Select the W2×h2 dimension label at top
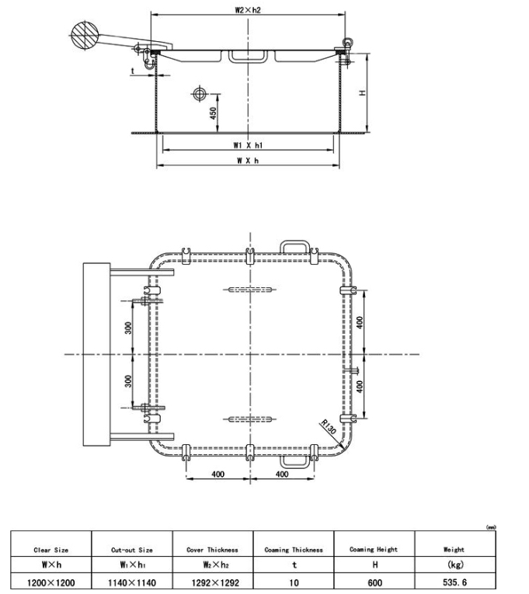point(249,10)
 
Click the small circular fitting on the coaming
point(198,95)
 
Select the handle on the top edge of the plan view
point(296,245)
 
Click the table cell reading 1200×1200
point(50,580)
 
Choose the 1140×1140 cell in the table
point(131,580)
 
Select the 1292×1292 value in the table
point(212,580)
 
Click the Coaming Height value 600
point(374,580)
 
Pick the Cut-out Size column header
point(131,550)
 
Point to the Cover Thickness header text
point(212,550)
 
